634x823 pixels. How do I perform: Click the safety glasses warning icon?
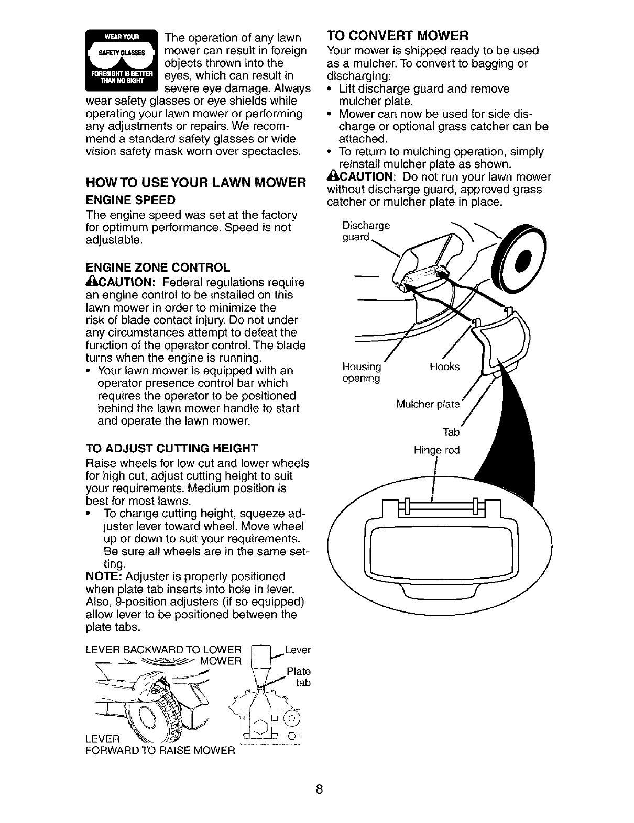click(122, 61)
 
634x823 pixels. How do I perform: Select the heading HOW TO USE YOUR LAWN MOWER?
click(195, 183)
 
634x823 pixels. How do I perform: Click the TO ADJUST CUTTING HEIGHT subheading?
click(171, 448)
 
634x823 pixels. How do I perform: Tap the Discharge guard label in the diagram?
click(366, 231)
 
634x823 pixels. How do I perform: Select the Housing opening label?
click(361, 372)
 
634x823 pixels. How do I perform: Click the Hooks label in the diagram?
click(444, 367)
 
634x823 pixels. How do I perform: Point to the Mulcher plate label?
click(428, 404)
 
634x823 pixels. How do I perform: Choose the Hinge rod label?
click(436, 450)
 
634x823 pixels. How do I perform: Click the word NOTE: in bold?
click(104, 576)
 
